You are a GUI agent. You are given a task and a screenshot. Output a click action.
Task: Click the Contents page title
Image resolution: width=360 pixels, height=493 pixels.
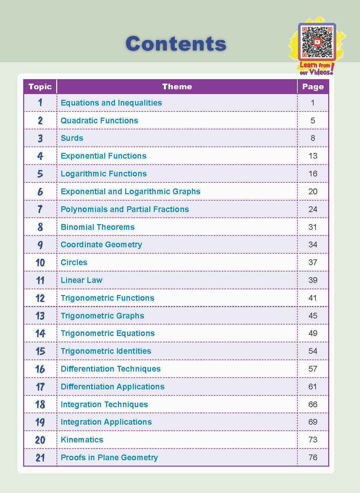pos(176,44)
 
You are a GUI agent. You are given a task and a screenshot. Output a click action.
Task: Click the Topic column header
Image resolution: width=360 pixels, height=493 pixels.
pos(40,87)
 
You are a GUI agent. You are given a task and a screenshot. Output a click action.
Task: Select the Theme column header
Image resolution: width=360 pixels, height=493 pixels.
pos(177,87)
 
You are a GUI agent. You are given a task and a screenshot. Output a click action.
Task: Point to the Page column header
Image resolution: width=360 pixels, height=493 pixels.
pos(313,87)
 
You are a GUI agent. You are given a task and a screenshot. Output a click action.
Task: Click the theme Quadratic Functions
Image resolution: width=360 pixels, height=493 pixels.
pos(99,120)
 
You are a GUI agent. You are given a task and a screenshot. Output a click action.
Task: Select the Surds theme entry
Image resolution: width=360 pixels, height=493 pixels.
pos(72,138)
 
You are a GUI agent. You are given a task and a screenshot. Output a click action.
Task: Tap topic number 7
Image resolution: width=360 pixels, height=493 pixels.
pos(40,209)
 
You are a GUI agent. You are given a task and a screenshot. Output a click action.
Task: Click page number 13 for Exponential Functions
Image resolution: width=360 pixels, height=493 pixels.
pos(313,156)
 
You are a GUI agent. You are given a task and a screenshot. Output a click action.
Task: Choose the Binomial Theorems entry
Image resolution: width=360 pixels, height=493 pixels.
pos(98,227)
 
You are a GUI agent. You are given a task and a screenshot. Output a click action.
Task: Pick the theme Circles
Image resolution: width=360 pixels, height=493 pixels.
pos(74,262)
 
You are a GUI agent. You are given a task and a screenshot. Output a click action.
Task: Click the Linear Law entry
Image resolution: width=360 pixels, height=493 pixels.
pos(82,280)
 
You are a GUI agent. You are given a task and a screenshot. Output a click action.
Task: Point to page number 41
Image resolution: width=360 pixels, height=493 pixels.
pos(313,298)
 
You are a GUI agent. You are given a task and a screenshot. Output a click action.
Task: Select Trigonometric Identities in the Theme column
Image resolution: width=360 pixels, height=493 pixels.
pos(106,351)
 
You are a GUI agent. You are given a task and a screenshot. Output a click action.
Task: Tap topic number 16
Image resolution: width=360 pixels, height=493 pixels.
pos(40,369)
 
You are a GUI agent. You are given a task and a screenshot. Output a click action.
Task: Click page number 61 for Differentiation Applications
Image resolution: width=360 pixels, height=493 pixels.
pos(313,387)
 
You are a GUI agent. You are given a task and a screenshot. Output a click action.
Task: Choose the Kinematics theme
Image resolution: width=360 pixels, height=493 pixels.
pos(82,440)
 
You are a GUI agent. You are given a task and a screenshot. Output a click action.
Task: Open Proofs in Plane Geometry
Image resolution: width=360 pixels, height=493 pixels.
pos(109,457)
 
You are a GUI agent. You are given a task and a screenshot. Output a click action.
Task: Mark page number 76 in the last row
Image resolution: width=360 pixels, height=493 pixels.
pos(313,457)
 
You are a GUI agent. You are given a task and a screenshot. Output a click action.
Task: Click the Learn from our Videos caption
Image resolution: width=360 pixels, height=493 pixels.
pos(316,68)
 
